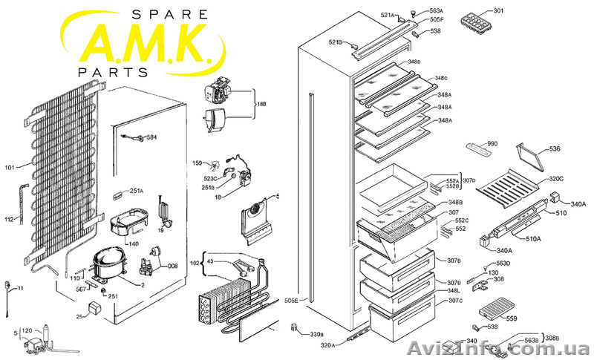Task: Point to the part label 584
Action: click(151, 138)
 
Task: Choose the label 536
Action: click(555, 150)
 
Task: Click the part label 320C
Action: click(556, 179)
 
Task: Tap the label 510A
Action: click(534, 238)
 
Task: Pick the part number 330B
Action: click(316, 334)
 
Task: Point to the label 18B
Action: click(261, 105)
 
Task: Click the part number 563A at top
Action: click(437, 10)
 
